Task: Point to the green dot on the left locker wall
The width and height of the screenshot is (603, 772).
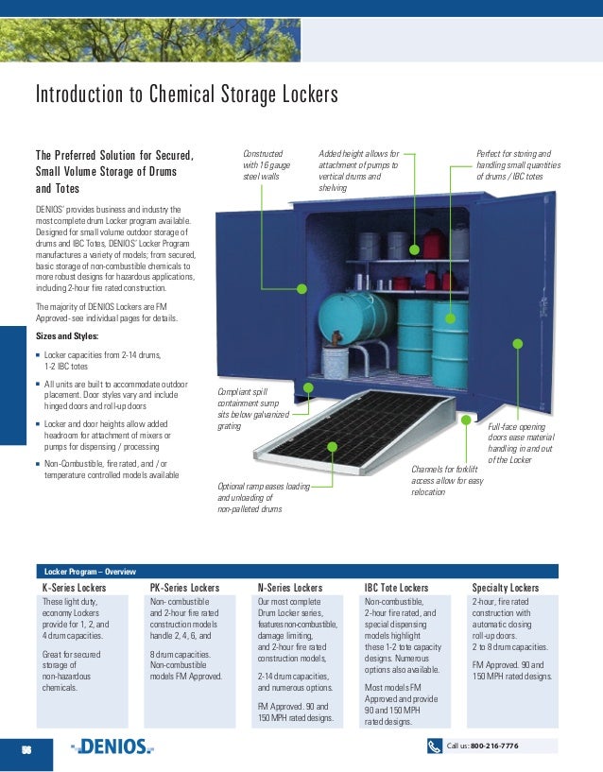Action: (x=301, y=290)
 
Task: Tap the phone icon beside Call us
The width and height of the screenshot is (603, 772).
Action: (x=435, y=746)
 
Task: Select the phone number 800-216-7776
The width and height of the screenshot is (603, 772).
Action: (x=494, y=746)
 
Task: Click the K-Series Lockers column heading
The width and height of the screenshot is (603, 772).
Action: (x=74, y=588)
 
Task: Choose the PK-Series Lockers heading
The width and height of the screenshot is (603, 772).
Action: (x=184, y=588)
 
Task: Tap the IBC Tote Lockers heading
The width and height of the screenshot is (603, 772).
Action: (x=396, y=588)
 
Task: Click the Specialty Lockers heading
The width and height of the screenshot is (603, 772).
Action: (x=505, y=588)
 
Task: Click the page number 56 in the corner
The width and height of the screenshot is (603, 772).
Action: (x=27, y=747)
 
